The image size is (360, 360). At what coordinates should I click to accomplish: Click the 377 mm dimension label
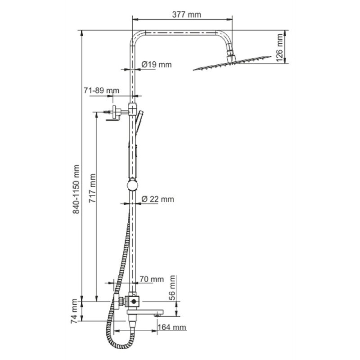[x=186, y=15]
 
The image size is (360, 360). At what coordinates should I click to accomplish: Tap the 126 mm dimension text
[x=279, y=48]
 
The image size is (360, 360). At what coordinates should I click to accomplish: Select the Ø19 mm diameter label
[x=157, y=64]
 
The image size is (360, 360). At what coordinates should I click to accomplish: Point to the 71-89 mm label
[x=101, y=90]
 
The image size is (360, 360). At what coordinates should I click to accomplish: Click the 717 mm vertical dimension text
[x=93, y=188]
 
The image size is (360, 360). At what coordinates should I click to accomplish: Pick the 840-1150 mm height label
[x=76, y=189]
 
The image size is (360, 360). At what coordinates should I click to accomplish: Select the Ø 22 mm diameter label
[x=158, y=199]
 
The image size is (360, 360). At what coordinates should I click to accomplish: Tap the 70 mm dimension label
[x=152, y=279]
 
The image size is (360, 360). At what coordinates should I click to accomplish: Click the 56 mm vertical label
[x=172, y=288]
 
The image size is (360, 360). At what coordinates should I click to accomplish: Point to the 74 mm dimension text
[x=74, y=311]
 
